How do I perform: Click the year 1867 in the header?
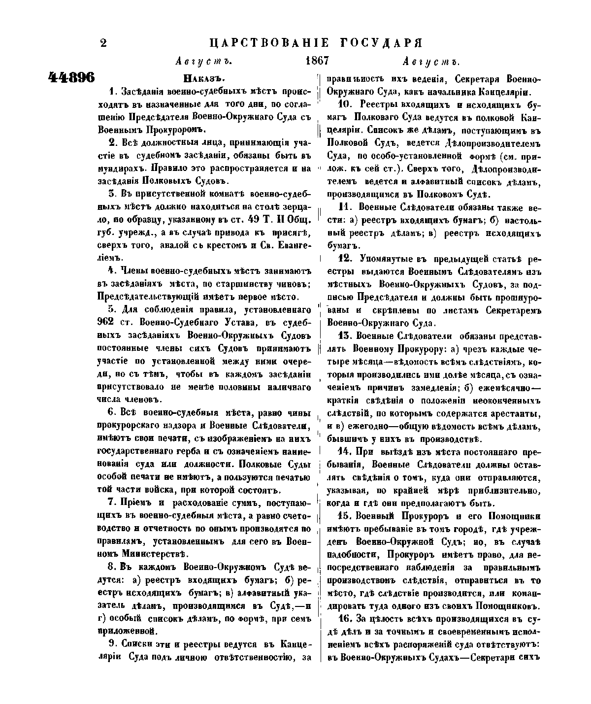click(x=317, y=61)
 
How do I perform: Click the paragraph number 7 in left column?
click(x=111, y=503)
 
